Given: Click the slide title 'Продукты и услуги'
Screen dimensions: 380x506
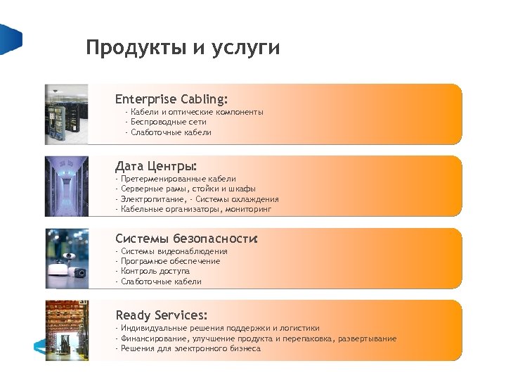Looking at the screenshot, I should pos(183,48).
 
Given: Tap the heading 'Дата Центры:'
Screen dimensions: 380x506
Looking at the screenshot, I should pos(156,167).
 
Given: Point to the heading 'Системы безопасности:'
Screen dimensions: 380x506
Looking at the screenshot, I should pos(187,239).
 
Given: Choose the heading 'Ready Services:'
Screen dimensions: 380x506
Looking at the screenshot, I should pos(161,315).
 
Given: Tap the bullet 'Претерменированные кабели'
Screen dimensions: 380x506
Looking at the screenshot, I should pos(179,179).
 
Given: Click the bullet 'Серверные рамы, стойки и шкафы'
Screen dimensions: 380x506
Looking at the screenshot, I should pos(188,189).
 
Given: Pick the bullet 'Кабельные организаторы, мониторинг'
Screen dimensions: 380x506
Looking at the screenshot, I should pos(196,209).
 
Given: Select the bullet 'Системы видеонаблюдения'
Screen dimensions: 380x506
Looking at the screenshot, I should pos(174,251).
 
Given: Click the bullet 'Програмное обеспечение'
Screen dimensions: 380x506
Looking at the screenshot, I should pos(171,261).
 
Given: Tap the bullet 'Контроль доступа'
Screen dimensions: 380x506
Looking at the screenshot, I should pos(155,271).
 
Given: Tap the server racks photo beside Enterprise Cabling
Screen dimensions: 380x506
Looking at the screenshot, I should pos(66,114).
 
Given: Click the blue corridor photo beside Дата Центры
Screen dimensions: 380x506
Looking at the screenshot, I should pos(66,186).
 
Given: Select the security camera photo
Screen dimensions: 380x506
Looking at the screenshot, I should pos(66,258).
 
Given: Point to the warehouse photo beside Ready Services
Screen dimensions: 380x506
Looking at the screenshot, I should pos(66,330).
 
